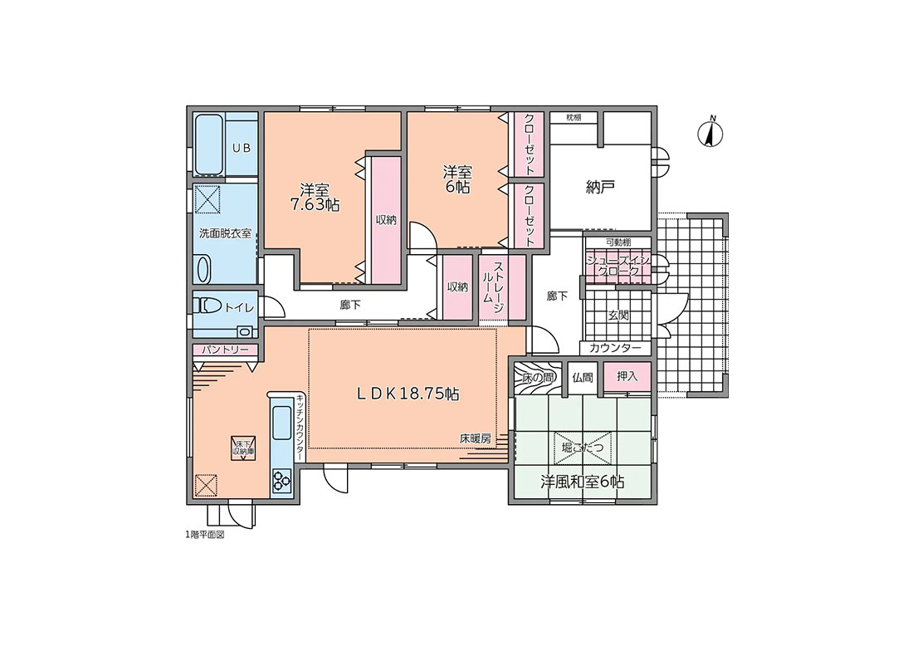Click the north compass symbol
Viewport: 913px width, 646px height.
[x=710, y=133]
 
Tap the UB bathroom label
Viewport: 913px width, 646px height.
[x=242, y=148]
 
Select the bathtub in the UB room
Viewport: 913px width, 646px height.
[x=209, y=144]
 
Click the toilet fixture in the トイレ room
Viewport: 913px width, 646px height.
[x=207, y=306]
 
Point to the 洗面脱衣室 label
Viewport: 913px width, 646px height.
[x=225, y=233]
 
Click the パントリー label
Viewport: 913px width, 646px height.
[x=225, y=350]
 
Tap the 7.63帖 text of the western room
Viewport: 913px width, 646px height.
[x=315, y=205]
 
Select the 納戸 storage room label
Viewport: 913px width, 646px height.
[x=600, y=187]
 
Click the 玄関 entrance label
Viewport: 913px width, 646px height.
[x=618, y=316]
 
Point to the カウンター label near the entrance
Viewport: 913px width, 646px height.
[x=615, y=349]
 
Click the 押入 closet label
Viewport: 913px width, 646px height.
[x=627, y=376]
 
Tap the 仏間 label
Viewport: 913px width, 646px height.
[x=583, y=378]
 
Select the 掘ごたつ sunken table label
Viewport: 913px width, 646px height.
[x=583, y=447]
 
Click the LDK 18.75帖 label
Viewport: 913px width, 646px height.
[x=408, y=394]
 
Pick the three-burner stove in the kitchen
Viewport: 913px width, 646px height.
[x=281, y=482]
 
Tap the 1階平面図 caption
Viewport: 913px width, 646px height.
[x=204, y=534]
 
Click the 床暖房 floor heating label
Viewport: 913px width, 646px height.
[x=475, y=438]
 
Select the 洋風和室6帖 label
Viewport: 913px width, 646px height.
[x=583, y=482]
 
